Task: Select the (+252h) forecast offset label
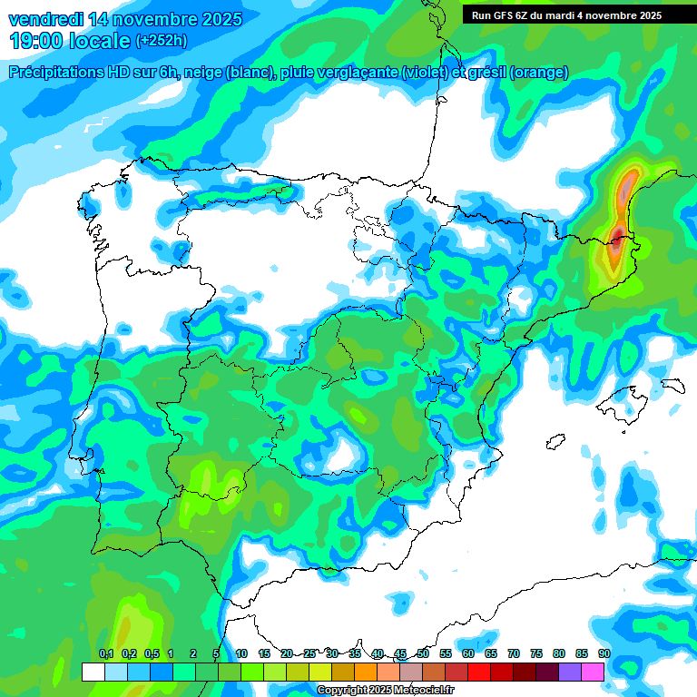tap(162, 41)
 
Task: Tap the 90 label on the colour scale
tap(604, 653)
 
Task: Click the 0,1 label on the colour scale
tap(106, 653)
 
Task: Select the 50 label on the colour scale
tap(423, 653)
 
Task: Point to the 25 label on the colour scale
tap(309, 653)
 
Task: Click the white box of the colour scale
tap(93, 672)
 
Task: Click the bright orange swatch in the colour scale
tap(366, 672)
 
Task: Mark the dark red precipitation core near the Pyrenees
tap(617, 240)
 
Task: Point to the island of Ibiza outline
tap(555, 442)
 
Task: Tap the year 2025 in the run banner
tap(644, 15)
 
